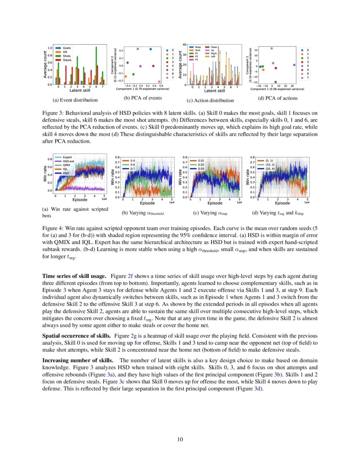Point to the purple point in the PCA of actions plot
pos(294,65)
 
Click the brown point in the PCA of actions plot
pos(276,82)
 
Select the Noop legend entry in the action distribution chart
pos(198,47)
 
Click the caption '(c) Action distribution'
pos(210,100)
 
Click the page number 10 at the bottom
pos(180,439)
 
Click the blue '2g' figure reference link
pos(135,335)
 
